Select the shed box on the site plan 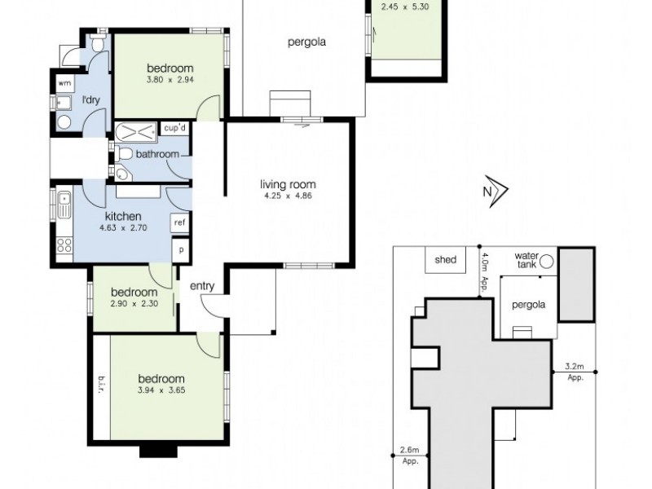[x=445, y=261]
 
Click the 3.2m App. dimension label [x=576, y=372]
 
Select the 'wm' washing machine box [x=63, y=83]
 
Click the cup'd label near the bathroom [x=175, y=129]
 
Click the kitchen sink [x=64, y=202]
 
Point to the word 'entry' [x=201, y=286]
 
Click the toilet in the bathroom [x=123, y=154]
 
